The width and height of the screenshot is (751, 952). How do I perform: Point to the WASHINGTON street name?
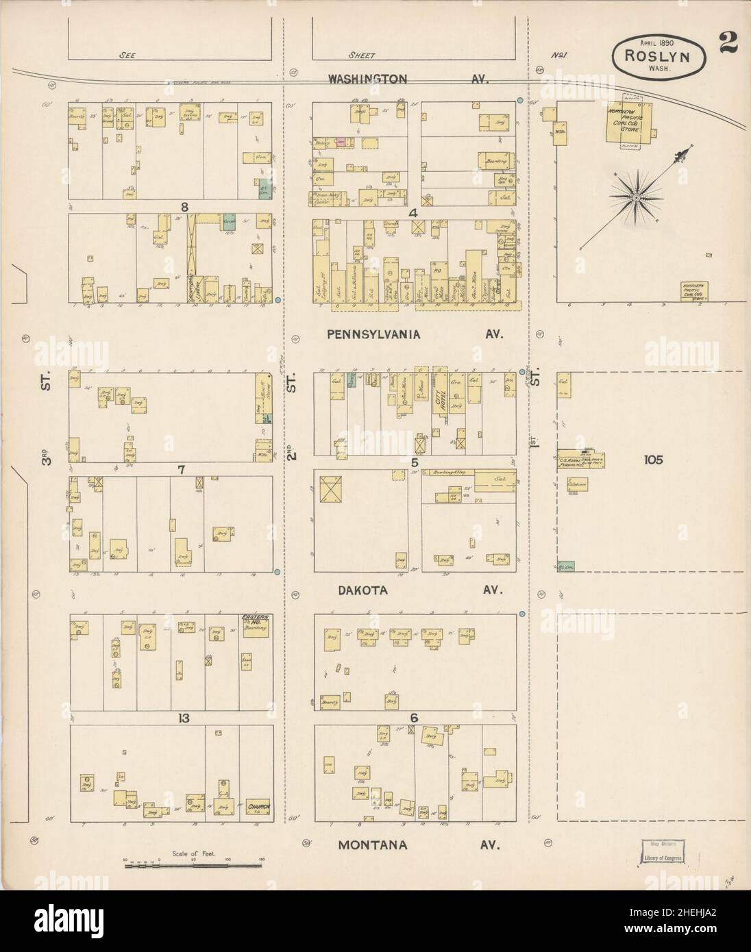[x=367, y=79]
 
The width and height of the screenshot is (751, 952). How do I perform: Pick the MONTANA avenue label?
[x=373, y=844]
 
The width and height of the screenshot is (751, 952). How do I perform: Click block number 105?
[x=653, y=460]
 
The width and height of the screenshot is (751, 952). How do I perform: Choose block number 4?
[x=413, y=213]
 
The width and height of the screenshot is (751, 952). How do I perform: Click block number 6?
[x=414, y=718]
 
